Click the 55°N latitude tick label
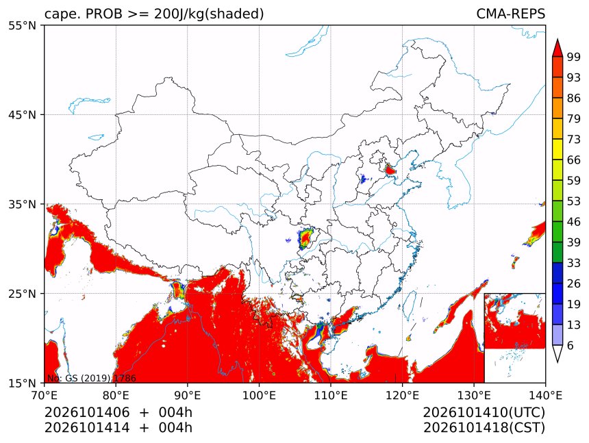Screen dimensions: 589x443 (22, 25)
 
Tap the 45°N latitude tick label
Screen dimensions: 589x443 (22, 114)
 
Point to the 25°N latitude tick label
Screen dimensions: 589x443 (22, 293)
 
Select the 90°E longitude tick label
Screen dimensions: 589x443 (187, 395)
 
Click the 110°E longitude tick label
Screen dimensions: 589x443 (330, 395)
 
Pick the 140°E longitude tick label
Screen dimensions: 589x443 (545, 395)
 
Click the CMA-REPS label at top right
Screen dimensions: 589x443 (510, 14)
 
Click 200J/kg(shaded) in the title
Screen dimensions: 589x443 (209, 14)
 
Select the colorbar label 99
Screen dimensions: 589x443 (574, 57)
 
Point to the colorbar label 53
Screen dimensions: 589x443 (574, 201)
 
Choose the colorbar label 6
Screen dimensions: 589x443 (571, 345)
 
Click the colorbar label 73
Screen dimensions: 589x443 (574, 140)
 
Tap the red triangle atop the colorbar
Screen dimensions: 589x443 (557, 49)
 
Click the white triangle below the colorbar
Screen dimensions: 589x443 (557, 353)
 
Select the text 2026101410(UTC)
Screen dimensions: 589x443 (484, 413)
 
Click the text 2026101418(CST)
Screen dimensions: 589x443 (484, 428)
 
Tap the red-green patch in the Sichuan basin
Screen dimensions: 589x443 (307, 238)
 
